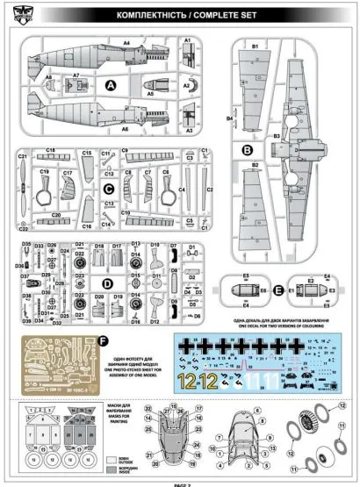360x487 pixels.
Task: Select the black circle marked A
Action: (112, 85)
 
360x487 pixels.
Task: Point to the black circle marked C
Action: (108, 188)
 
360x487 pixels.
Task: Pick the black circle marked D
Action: (108, 283)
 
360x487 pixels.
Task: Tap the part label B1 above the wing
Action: (256, 45)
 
